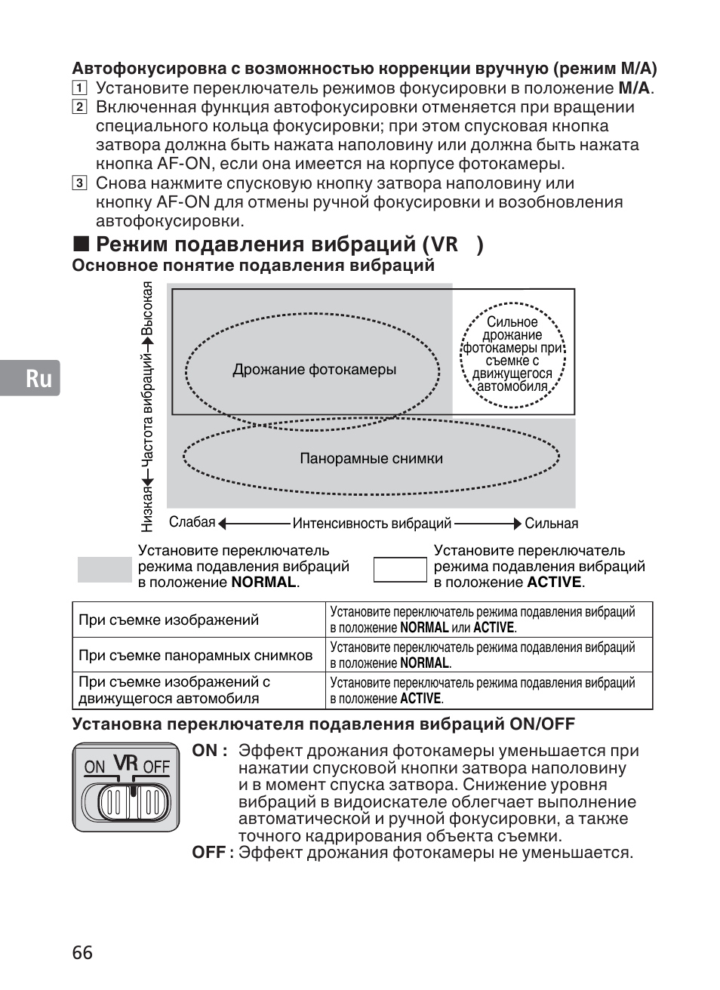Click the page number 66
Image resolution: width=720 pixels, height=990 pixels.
pos(83,952)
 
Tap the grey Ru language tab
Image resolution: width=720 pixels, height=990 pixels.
pos(31,378)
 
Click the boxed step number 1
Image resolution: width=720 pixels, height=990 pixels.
pos(79,88)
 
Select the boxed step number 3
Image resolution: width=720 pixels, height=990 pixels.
pos(79,183)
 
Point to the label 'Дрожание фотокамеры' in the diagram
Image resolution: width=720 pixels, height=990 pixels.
pos(314,370)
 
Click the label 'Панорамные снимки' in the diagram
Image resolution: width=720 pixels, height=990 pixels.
pos(371,459)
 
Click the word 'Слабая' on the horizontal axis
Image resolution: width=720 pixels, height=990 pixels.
pos(192,523)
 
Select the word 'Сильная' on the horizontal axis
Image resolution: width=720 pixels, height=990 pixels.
pos(551,524)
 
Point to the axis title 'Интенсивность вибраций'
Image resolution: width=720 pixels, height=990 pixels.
pos(371,524)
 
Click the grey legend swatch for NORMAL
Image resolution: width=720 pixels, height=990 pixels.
pos(104,570)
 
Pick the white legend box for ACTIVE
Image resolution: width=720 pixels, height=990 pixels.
pos(400,570)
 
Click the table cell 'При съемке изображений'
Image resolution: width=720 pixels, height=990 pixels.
pos(168,620)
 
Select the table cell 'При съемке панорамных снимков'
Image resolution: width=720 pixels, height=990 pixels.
pos(195,656)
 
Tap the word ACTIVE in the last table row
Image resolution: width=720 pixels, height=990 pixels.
pos(420,699)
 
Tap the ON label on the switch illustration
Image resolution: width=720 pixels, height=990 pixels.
pos(94,767)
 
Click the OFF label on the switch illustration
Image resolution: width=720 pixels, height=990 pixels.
pos(156,767)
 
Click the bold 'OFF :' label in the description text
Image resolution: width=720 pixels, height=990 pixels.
pos(208,853)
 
